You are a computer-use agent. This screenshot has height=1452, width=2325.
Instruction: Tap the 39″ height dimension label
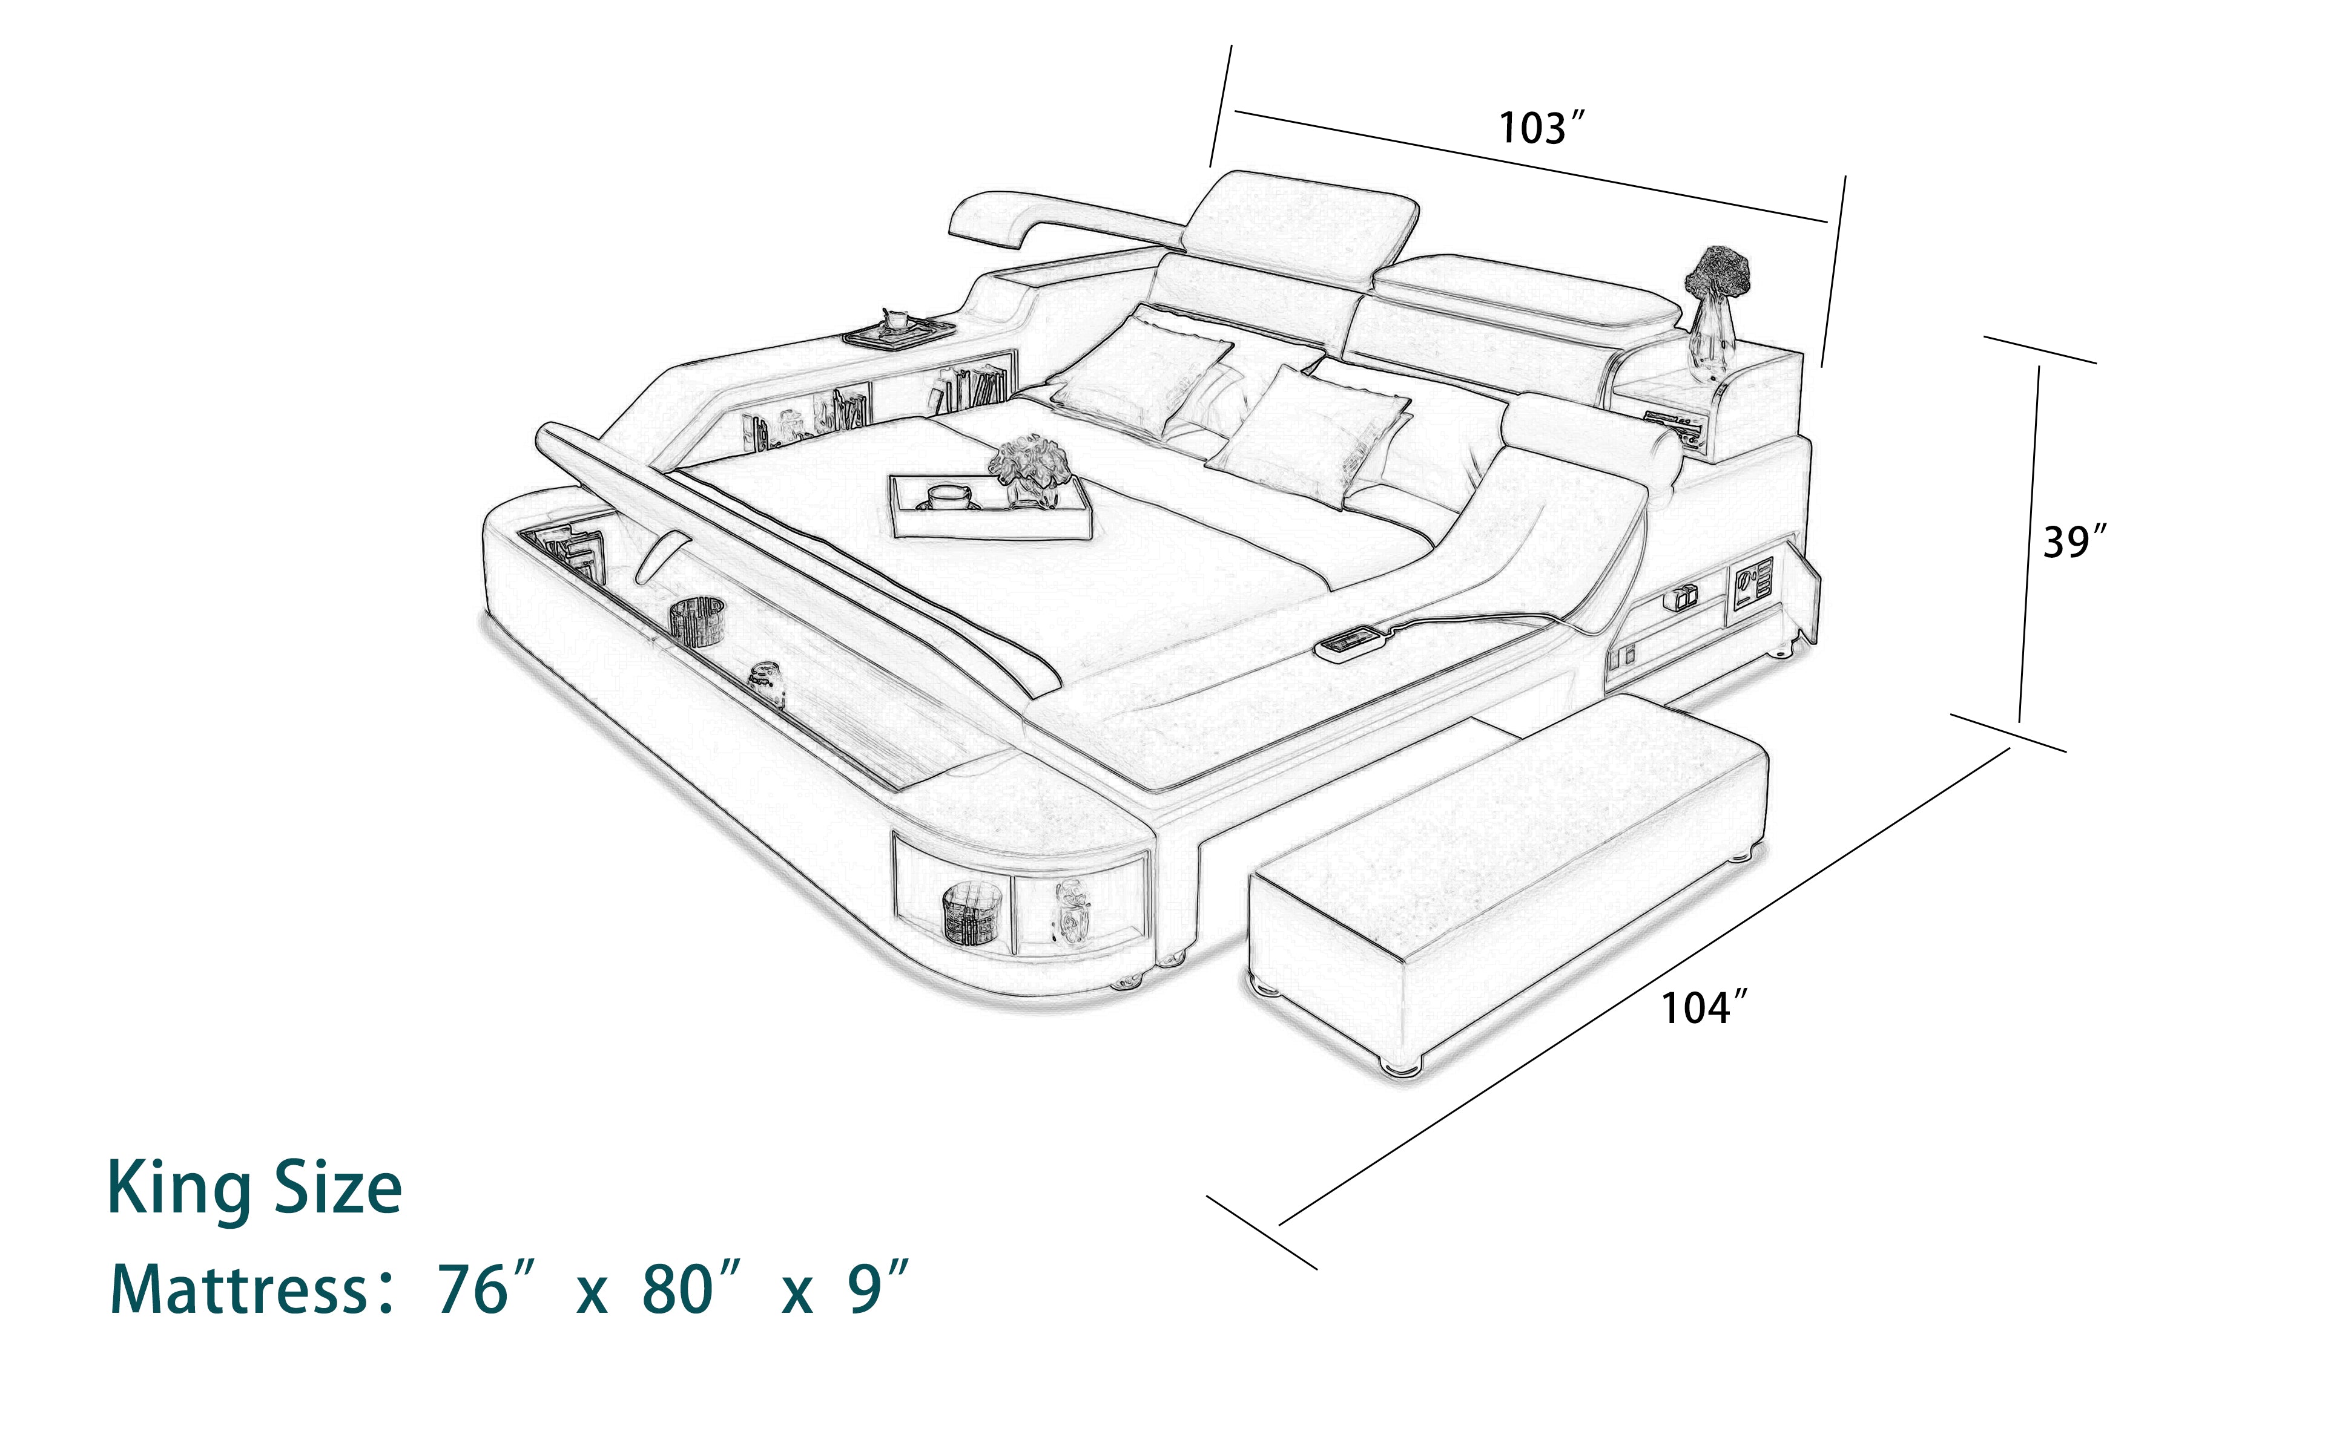click(x=2073, y=543)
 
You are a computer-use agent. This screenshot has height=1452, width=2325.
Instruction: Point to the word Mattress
click(x=240, y=1290)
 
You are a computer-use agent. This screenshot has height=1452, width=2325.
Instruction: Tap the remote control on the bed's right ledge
click(x=1354, y=643)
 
